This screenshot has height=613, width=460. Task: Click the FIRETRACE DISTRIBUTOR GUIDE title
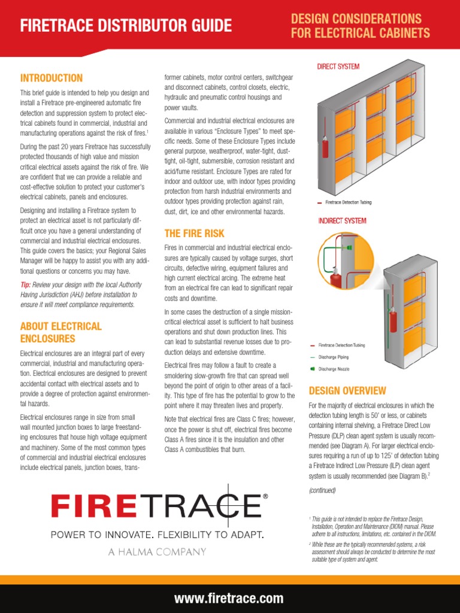(x=126, y=26)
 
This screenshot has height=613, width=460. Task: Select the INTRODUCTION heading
(x=52, y=78)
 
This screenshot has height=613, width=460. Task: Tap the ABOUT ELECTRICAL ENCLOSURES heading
(x=60, y=332)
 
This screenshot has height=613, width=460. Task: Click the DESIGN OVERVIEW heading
(x=347, y=391)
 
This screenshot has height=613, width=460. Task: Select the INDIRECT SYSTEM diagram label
(x=342, y=221)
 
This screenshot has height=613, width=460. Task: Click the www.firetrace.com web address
(x=229, y=598)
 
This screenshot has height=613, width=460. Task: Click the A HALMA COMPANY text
(x=157, y=552)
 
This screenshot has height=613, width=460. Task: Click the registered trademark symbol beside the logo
(x=265, y=496)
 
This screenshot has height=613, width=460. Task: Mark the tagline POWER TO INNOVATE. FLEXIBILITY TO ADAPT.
(x=157, y=534)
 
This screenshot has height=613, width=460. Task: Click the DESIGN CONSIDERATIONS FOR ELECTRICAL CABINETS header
(x=360, y=26)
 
